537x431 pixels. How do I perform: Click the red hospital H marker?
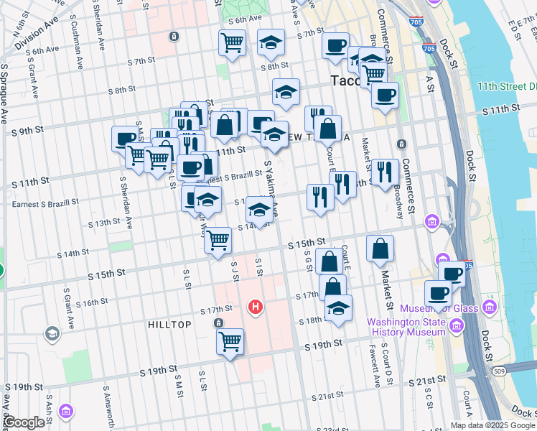tap(254, 307)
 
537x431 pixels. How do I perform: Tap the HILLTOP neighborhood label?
tap(169, 325)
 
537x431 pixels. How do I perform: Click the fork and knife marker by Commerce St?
tap(385, 171)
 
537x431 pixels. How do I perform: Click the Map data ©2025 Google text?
tap(492, 425)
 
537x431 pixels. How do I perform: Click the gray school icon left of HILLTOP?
tap(52, 333)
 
